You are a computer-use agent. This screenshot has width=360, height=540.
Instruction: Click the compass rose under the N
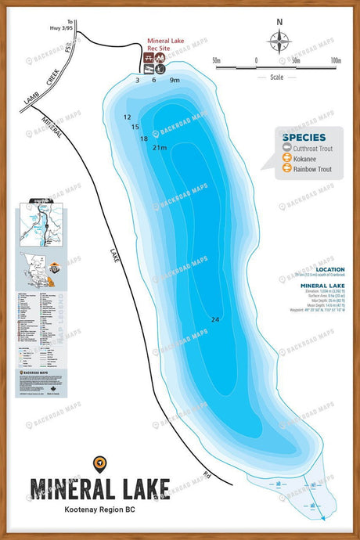pyautogui.click(x=279, y=40)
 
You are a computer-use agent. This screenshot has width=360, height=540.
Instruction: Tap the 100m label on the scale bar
pyautogui.click(x=336, y=60)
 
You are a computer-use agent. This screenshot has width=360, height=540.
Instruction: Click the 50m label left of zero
pyautogui.click(x=217, y=60)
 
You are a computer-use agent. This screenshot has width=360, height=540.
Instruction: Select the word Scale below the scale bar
pyautogui.click(x=276, y=77)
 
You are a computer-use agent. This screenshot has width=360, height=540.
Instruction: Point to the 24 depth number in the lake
pyautogui.click(x=214, y=319)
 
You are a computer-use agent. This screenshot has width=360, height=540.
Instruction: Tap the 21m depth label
pyautogui.click(x=160, y=147)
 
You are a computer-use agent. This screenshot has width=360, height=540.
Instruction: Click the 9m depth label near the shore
pyautogui.click(x=175, y=80)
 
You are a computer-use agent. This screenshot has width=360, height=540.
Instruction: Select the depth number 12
pyautogui.click(x=127, y=117)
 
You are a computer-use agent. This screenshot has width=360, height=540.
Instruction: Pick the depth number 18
pyautogui.click(x=143, y=139)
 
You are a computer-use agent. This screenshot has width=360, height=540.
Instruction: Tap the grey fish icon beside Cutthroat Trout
pyautogui.click(x=287, y=146)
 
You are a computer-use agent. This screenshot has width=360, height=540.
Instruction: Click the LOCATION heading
pyautogui.click(x=328, y=269)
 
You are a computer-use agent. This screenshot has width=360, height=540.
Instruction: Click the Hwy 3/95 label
pyautogui.click(x=70, y=27)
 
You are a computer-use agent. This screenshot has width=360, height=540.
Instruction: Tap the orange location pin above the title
pyautogui.click(x=99, y=464)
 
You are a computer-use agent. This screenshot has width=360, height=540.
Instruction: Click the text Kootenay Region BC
pyautogui.click(x=99, y=509)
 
